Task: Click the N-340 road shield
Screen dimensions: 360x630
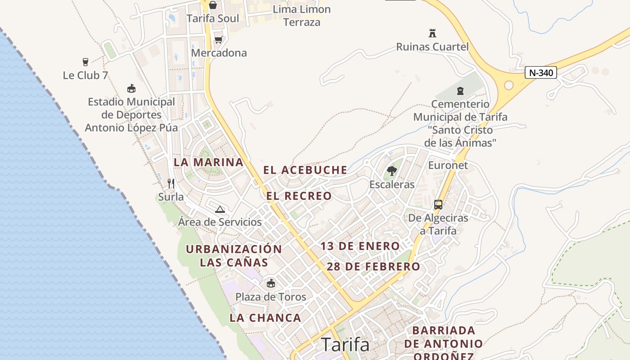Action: point(541,72)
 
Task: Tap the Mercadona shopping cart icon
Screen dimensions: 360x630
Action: point(218,39)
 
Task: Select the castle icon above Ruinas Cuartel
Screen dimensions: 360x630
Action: point(432,33)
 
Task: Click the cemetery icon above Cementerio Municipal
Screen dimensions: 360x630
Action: point(460,91)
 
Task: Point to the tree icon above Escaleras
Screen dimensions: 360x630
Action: point(391,171)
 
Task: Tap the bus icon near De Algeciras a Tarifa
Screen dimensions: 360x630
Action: point(438,205)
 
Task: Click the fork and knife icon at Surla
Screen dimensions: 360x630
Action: point(171,183)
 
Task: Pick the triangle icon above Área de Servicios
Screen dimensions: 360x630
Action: point(220,209)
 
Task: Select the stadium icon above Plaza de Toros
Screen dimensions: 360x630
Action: point(271,283)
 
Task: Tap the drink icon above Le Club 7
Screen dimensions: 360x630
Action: point(85,62)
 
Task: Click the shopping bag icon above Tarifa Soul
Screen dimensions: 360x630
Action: point(212,5)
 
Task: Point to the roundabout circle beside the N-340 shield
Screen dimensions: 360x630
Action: point(509,85)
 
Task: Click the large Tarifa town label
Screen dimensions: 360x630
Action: point(345,345)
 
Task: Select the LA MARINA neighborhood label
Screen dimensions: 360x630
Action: point(208,162)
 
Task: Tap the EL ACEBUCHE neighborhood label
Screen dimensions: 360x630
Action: point(305,170)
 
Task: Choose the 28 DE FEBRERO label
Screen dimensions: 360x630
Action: point(373,266)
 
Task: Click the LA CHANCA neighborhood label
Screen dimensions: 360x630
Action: point(265,318)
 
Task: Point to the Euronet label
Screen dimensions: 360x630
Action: point(448,165)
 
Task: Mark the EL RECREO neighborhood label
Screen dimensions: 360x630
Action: point(299,196)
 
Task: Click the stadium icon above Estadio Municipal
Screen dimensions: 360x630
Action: point(131,88)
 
